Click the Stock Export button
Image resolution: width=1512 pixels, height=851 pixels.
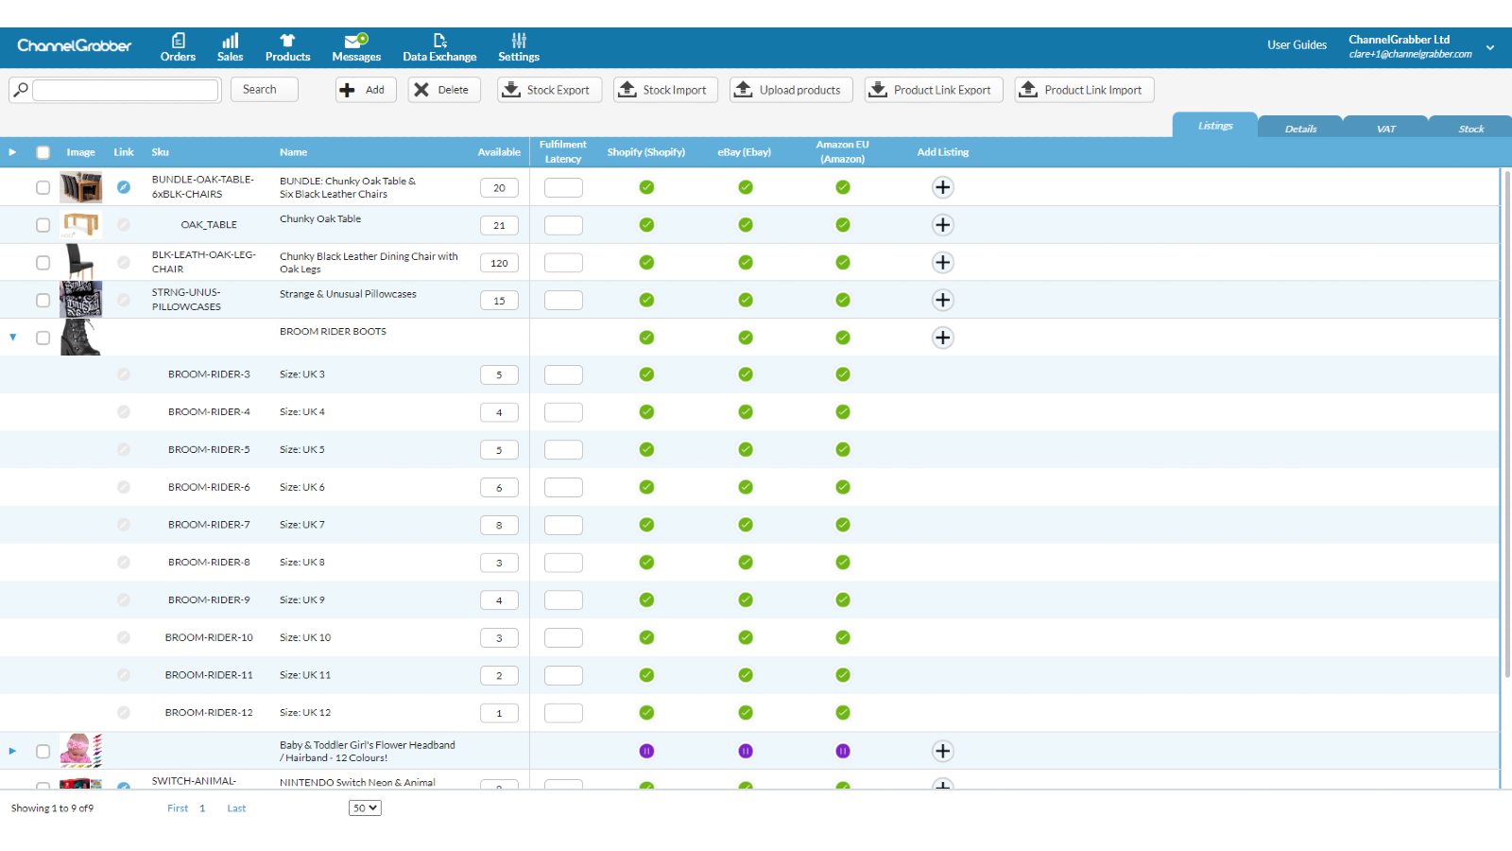[x=549, y=90]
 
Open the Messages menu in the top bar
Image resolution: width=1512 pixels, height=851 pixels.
[x=356, y=48]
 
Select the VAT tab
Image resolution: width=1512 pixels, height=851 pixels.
[x=1385, y=129]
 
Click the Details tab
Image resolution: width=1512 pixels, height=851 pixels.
[x=1300, y=129]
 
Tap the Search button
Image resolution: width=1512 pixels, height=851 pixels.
[x=264, y=90]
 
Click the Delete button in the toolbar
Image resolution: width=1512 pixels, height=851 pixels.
[x=444, y=90]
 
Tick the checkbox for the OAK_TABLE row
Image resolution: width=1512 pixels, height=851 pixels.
[x=43, y=225]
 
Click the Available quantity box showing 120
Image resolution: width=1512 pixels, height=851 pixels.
[x=499, y=263]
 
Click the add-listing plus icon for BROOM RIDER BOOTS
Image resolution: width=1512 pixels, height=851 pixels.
[x=942, y=338]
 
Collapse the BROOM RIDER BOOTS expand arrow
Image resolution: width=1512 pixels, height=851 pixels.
[x=13, y=337]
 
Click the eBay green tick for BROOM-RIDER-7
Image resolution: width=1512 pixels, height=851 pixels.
[x=746, y=525]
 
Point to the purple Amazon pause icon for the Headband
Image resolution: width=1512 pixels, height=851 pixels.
[x=842, y=751]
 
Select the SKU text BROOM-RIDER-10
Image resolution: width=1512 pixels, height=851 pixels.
[x=209, y=637]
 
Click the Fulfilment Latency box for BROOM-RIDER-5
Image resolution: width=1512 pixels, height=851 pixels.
[x=563, y=450]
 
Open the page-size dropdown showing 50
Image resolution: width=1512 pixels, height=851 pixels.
[x=365, y=808]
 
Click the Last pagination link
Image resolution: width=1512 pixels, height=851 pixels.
[x=236, y=808]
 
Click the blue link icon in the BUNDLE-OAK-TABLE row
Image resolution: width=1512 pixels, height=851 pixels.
[x=124, y=187]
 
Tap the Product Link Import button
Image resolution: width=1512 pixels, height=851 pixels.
[x=1084, y=90]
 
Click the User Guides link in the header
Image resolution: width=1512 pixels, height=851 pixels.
[x=1297, y=45]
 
